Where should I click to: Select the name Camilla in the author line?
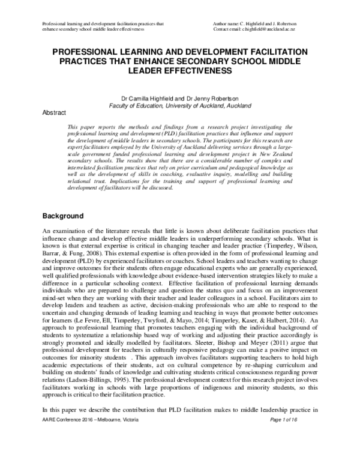141,97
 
